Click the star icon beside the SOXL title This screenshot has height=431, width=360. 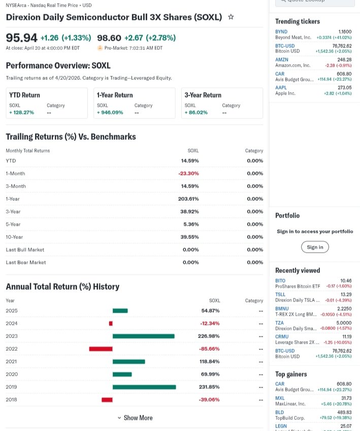point(231,17)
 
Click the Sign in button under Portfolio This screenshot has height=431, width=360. point(315,247)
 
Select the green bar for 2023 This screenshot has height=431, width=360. point(143,336)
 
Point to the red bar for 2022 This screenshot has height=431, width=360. point(101,349)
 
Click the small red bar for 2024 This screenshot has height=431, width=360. point(111,323)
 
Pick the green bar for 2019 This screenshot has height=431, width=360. point(144,387)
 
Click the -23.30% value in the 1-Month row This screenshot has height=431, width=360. point(188,173)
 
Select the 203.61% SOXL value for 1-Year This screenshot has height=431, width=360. point(188,199)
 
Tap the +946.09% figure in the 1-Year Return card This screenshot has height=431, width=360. point(111,112)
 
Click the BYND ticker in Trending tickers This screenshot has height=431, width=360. point(281,32)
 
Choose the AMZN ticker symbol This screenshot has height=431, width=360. point(281,59)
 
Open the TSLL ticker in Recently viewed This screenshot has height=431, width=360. point(280,294)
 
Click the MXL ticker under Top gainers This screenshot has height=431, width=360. point(280,398)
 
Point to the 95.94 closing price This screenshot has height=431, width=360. point(21,38)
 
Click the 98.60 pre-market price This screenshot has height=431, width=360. point(109,38)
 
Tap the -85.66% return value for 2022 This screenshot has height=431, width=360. point(209,349)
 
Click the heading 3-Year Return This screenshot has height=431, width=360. point(203,95)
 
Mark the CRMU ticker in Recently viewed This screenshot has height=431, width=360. point(282,336)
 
